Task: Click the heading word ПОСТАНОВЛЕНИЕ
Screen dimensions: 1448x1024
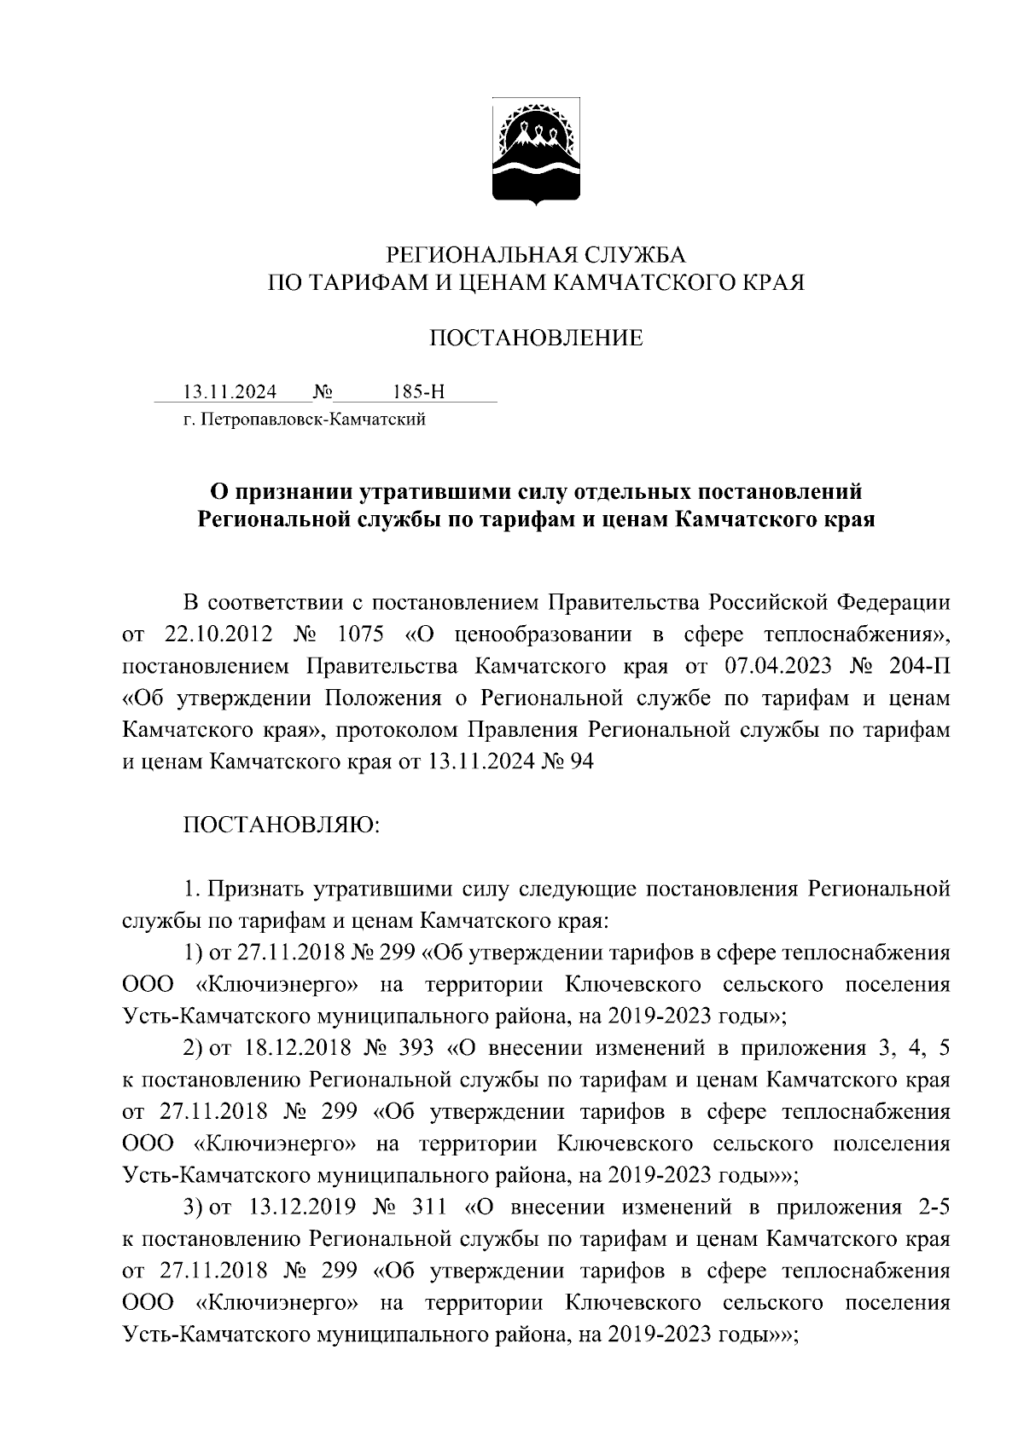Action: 535,339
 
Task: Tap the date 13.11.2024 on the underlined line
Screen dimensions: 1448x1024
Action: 230,392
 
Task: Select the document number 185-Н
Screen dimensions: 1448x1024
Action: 418,392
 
